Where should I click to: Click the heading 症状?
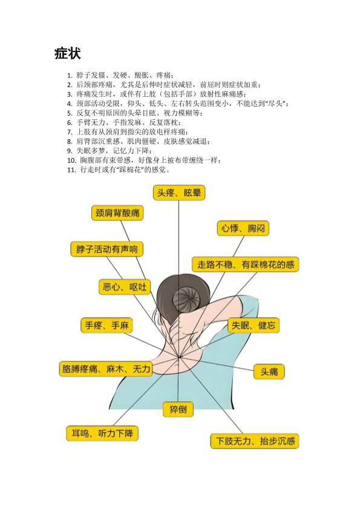pos(68,53)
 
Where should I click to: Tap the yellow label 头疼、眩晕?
pos(179,193)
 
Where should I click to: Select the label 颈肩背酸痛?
pos(117,213)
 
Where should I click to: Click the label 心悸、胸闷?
pos(243,228)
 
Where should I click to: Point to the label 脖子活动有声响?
pos(107,249)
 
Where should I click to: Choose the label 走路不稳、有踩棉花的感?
pos(246,264)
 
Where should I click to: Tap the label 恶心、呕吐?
pos(125,287)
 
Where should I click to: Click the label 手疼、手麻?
pos(107,325)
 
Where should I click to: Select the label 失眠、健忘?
pos(253,325)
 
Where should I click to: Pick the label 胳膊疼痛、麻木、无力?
pos(106,369)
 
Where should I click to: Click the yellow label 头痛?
pos(269,372)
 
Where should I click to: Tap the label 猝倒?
pos(178,409)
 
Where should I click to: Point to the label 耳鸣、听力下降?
pos(102,433)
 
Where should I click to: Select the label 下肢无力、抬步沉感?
pos(255,441)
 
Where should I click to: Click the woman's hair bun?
pos(185,299)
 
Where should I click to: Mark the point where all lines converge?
pos(179,357)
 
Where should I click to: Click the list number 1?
pos(70,76)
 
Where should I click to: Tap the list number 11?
pos(72,170)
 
